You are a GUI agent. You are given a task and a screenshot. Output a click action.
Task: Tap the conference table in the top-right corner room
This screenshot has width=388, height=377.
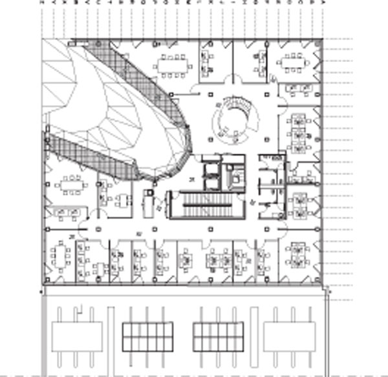pos(296,63)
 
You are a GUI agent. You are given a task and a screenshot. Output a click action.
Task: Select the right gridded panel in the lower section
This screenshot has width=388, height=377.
pos(218,336)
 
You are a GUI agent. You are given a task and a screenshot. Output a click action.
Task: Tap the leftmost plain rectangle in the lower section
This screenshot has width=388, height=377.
pos(76,336)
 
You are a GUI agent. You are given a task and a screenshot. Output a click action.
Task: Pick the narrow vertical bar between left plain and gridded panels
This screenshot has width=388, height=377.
pos(111,336)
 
